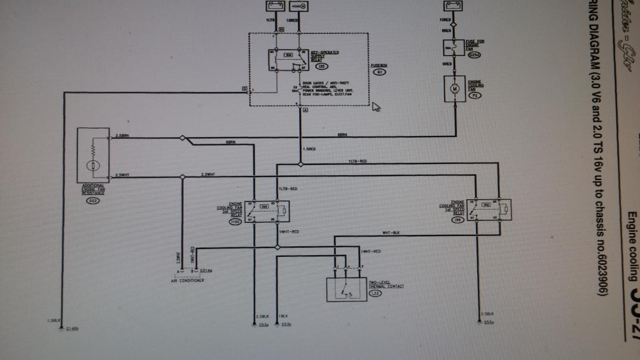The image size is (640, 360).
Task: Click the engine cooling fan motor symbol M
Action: [x=455, y=89]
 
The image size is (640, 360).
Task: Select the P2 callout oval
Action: [x=475, y=95]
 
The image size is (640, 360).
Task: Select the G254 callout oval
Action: [x=474, y=55]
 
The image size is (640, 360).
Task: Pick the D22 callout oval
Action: [x=93, y=201]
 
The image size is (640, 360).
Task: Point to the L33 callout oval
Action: [x=375, y=293]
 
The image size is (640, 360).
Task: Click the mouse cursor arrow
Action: [x=375, y=108]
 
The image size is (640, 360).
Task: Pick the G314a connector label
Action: [x=206, y=270]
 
